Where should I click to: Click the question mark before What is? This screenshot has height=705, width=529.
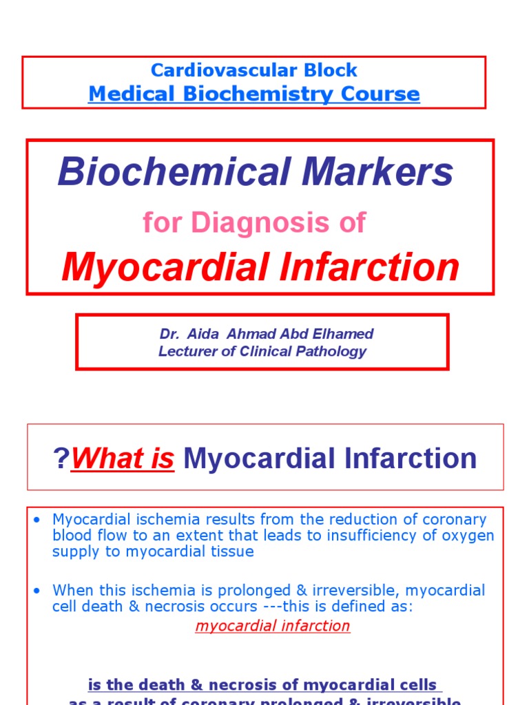coord(61,459)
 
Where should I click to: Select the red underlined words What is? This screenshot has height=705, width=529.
coord(123,459)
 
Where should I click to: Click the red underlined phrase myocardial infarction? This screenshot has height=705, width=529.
coord(273,626)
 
